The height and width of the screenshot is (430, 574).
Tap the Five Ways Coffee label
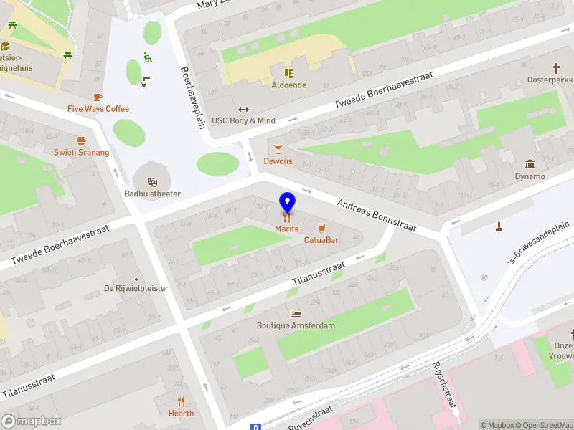(x=98, y=109)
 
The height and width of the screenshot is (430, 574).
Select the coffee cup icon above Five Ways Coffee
(x=98, y=97)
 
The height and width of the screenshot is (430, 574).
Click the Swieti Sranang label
(x=81, y=152)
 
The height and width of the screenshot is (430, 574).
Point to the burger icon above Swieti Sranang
(x=81, y=140)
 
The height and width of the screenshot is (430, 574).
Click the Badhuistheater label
(x=152, y=193)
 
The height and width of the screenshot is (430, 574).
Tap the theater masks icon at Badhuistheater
(x=152, y=181)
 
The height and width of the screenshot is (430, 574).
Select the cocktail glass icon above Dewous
(x=278, y=149)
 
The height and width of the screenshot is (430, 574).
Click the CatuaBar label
(x=321, y=239)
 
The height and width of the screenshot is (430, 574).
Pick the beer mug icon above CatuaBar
(x=321, y=227)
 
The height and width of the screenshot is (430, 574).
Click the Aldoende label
(x=288, y=85)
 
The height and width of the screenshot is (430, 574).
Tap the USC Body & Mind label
(x=243, y=120)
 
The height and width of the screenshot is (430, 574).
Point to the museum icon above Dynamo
(x=530, y=164)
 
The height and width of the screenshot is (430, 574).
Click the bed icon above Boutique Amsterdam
(x=296, y=314)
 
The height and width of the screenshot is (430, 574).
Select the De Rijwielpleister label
(x=136, y=288)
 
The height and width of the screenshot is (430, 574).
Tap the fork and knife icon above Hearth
(x=181, y=401)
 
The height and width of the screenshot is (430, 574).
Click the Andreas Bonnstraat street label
(x=377, y=215)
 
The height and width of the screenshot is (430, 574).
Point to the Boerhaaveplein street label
(x=193, y=97)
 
